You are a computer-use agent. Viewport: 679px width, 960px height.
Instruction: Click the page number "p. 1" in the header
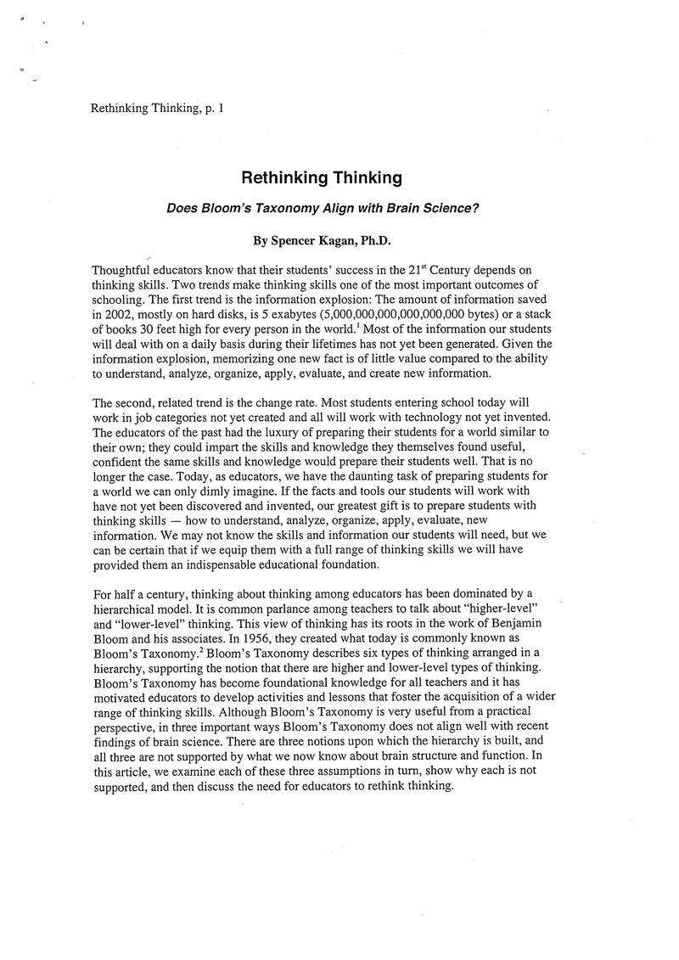click(212, 108)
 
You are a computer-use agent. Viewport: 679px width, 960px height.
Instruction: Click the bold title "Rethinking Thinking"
click(321, 178)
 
